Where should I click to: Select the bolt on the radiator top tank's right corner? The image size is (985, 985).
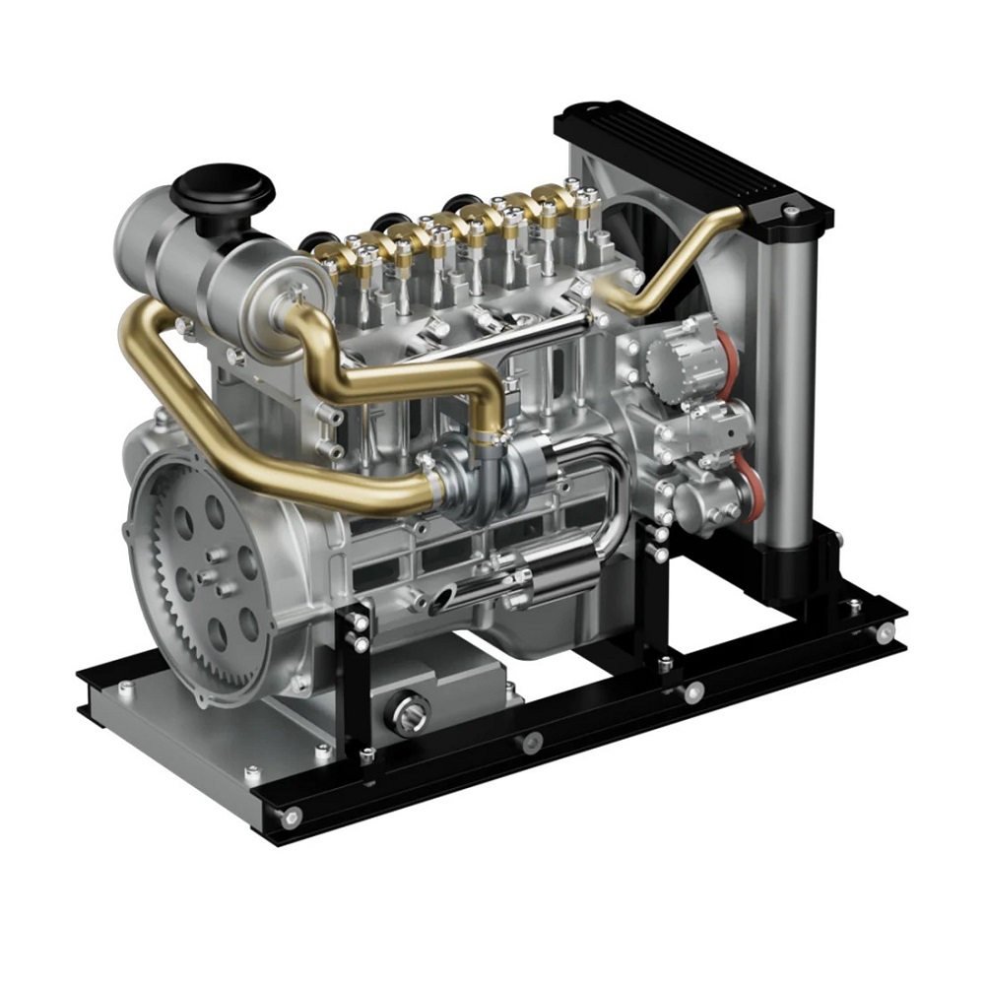789,210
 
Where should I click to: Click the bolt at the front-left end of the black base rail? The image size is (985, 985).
293,817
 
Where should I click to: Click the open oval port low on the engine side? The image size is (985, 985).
443,596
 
